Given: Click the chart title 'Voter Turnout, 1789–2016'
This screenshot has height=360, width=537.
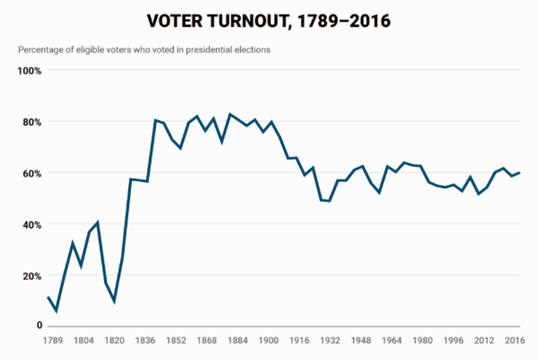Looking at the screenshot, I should [x=268, y=21].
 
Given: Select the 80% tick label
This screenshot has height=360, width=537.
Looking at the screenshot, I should [x=31, y=122].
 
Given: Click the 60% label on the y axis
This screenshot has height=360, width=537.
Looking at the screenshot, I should [x=31, y=174].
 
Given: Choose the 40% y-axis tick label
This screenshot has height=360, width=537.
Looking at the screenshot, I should [x=31, y=225].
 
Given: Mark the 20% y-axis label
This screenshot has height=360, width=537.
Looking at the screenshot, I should [x=31, y=276].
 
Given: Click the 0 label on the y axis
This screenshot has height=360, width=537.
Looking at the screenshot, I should [x=39, y=325].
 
